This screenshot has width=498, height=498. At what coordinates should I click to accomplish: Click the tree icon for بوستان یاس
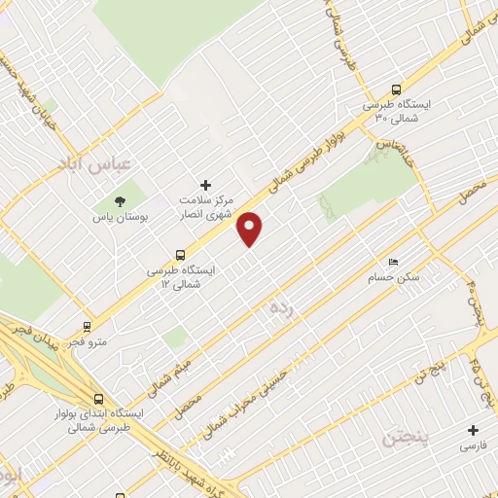120,202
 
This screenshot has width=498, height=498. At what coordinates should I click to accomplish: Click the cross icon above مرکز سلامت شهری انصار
205,184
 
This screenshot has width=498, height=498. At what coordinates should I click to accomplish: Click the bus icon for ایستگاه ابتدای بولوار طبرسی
99,398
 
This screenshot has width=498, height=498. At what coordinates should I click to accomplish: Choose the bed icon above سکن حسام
392,263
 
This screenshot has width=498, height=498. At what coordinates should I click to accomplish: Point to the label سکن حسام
393,279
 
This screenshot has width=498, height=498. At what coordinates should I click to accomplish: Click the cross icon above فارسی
474,430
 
